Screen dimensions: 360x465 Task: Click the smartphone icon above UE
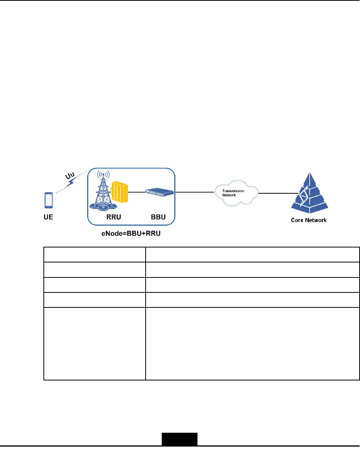pyautogui.click(x=49, y=199)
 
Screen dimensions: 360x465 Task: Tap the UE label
pyautogui.click(x=48, y=218)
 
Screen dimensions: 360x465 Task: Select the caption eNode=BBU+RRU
pyautogui.click(x=130, y=233)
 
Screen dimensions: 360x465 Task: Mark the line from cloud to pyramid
pyautogui.click(x=274, y=193)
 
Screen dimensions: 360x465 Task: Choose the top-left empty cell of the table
pyautogui.click(x=95, y=254)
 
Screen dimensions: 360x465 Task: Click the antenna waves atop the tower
pyautogui.click(x=103, y=175)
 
